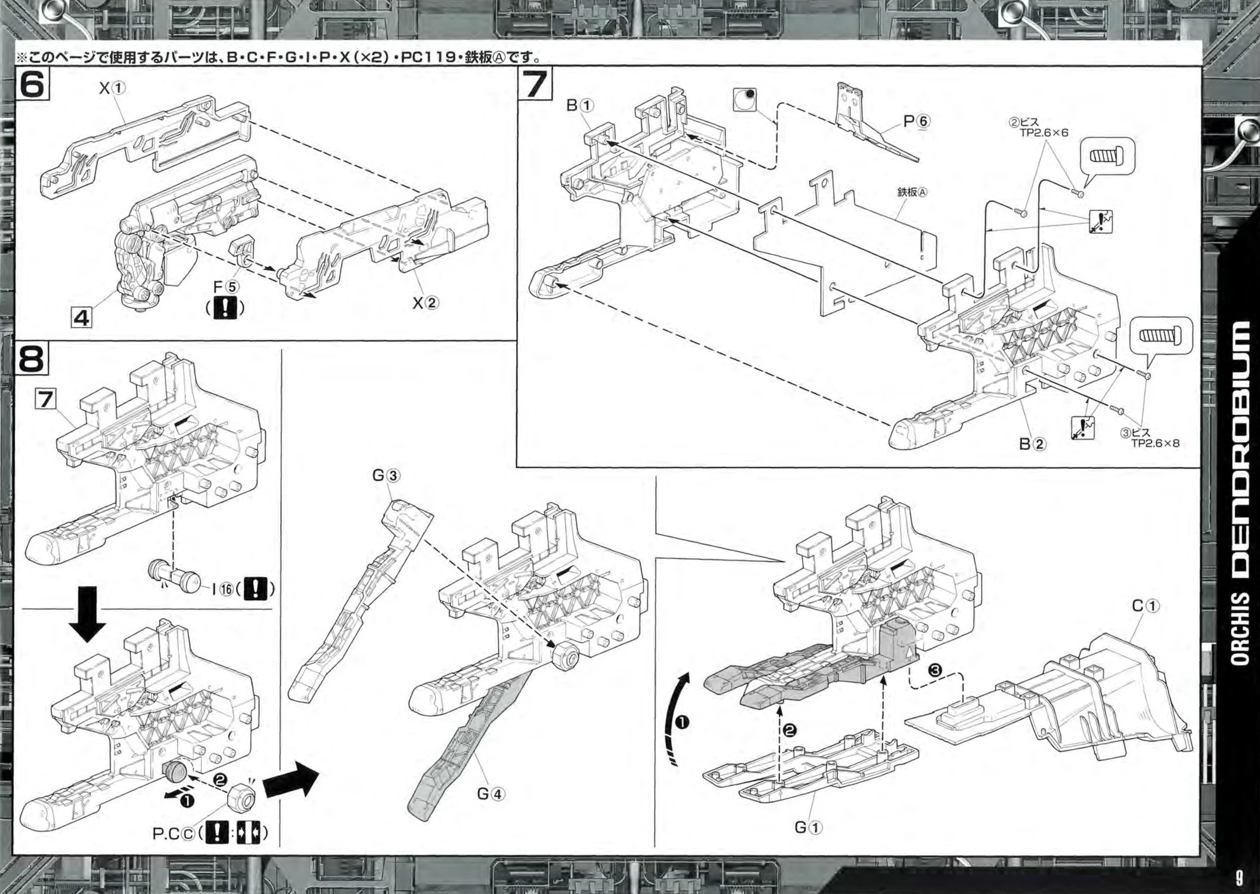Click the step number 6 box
coord(32,84)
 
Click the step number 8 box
coord(32,359)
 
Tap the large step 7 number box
coord(535,84)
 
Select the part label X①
coord(112,88)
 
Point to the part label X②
coord(426,303)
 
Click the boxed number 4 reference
coord(82,317)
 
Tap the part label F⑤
coord(226,288)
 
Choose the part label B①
coord(580,106)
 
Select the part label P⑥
coord(916,122)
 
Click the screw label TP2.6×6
coord(1044,133)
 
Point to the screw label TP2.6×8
coord(1155,443)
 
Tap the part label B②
coord(1032,444)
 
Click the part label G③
coord(386,476)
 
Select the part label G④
coord(491,794)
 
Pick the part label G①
coord(808,827)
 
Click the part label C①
coord(1146,606)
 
